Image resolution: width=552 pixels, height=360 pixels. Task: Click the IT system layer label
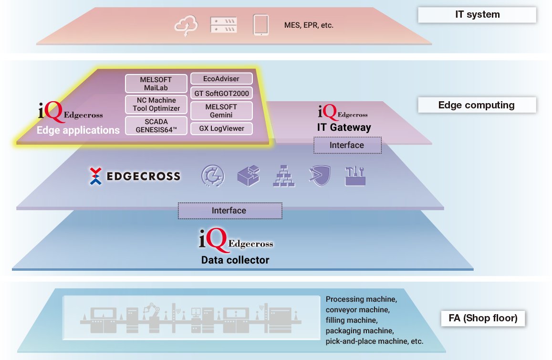[477, 15]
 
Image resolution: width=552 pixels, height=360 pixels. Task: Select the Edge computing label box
[477, 105]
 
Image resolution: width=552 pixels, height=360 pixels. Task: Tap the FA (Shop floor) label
[483, 318]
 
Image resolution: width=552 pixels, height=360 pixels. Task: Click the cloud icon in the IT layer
[186, 25]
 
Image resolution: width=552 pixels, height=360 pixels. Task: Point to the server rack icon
[224, 25]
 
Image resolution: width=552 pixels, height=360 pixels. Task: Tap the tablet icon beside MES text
[260, 25]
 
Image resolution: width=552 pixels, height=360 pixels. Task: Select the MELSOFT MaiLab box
[156, 84]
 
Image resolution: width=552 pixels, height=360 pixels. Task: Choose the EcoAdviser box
[221, 78]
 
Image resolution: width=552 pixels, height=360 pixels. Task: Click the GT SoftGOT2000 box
[221, 94]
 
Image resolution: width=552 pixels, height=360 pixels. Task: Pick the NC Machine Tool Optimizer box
[156, 105]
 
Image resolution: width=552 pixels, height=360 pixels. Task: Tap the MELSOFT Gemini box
[221, 111]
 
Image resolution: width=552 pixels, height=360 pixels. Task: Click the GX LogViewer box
[221, 128]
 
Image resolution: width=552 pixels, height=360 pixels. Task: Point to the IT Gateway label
[344, 127]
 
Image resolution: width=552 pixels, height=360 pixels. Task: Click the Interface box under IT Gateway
[347, 145]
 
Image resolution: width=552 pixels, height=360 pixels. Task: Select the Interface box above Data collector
[229, 211]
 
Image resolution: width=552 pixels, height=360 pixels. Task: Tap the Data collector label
[235, 260]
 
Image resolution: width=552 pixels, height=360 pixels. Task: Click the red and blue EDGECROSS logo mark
[96, 176]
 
